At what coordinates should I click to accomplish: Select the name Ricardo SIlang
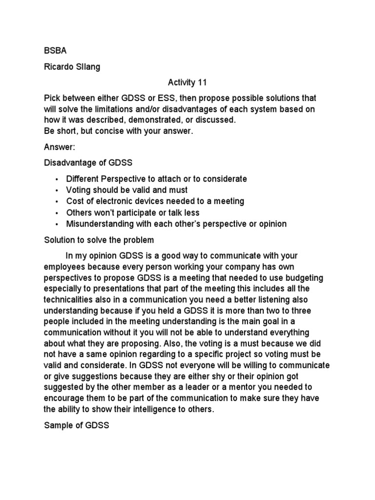pos(72,67)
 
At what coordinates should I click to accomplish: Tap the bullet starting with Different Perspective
pos(156,179)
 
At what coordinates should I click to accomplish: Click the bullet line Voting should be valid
pos(127,190)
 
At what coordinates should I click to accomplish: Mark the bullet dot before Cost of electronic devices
pos(57,202)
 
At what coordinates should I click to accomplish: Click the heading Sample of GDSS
pos(77,425)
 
